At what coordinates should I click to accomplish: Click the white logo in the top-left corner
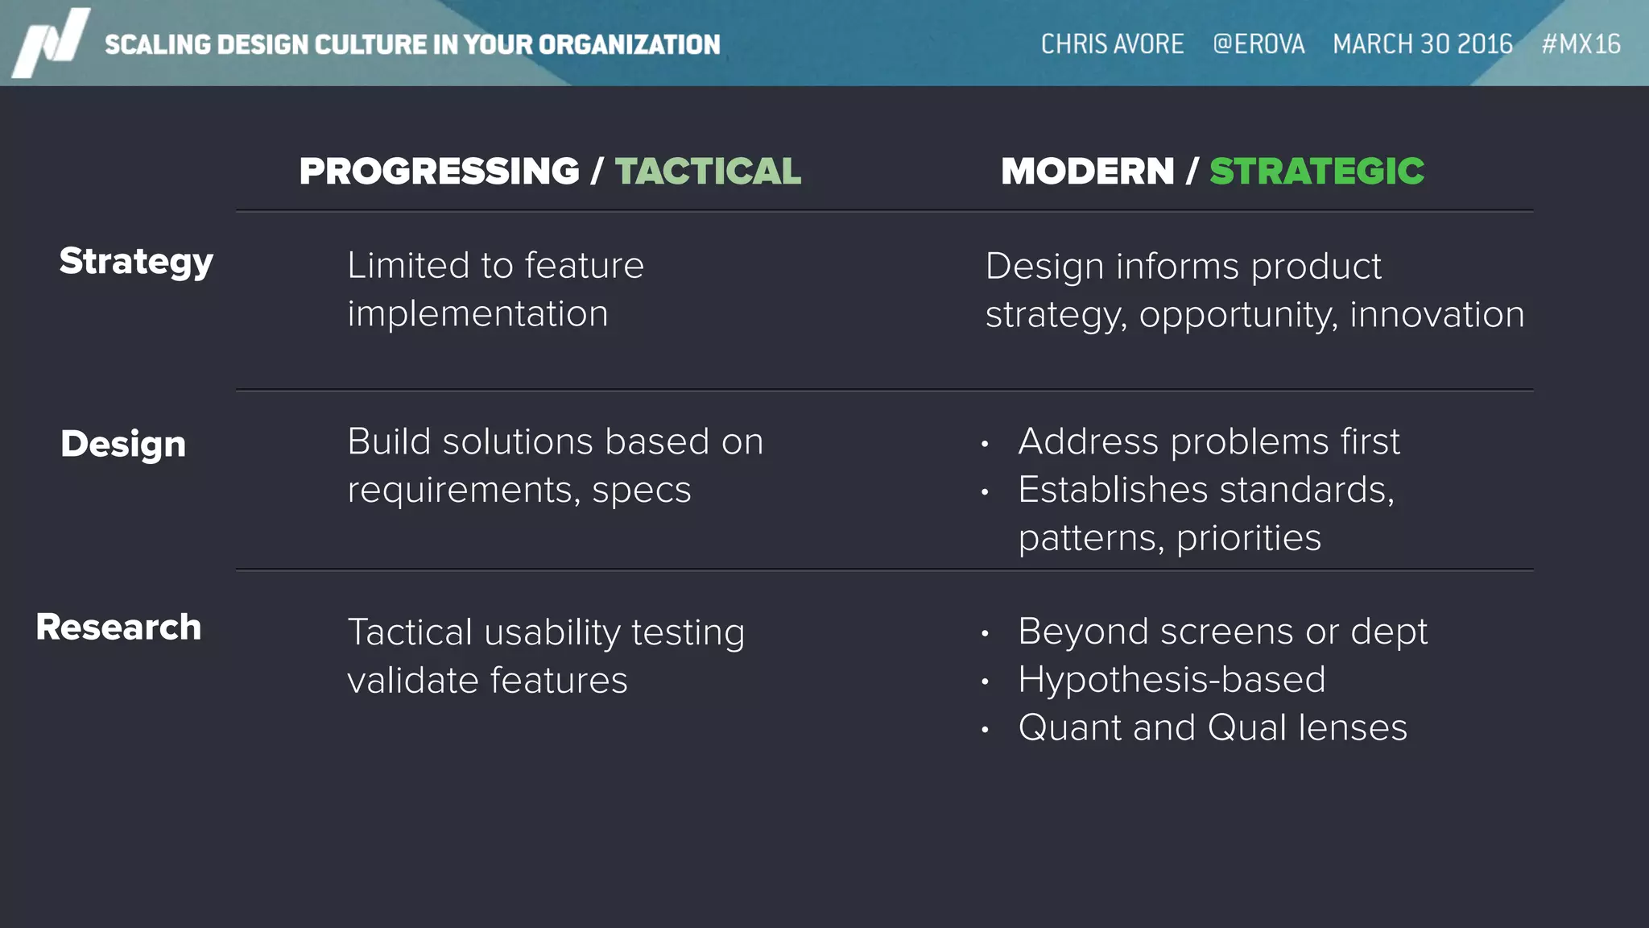(x=50, y=43)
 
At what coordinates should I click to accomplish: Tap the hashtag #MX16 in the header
(x=1581, y=43)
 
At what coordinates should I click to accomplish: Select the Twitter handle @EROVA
(x=1258, y=43)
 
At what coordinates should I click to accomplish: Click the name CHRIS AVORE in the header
(x=1112, y=43)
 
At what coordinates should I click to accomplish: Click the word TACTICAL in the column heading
(x=708, y=171)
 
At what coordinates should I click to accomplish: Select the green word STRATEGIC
(x=1316, y=171)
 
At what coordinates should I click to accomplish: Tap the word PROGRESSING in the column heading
(x=439, y=171)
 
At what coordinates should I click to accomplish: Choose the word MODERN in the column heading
(x=1087, y=171)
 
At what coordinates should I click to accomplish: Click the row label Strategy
(x=136, y=262)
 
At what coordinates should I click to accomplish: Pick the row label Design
(x=123, y=444)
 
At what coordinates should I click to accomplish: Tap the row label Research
(x=118, y=627)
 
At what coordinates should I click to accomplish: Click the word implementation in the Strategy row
(x=477, y=313)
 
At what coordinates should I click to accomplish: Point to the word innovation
(x=1436, y=314)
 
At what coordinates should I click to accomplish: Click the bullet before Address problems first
(x=985, y=444)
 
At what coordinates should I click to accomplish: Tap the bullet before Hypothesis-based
(x=985, y=681)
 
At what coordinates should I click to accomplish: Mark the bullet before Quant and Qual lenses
(x=985, y=730)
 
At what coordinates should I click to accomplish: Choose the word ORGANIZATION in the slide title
(x=629, y=44)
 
